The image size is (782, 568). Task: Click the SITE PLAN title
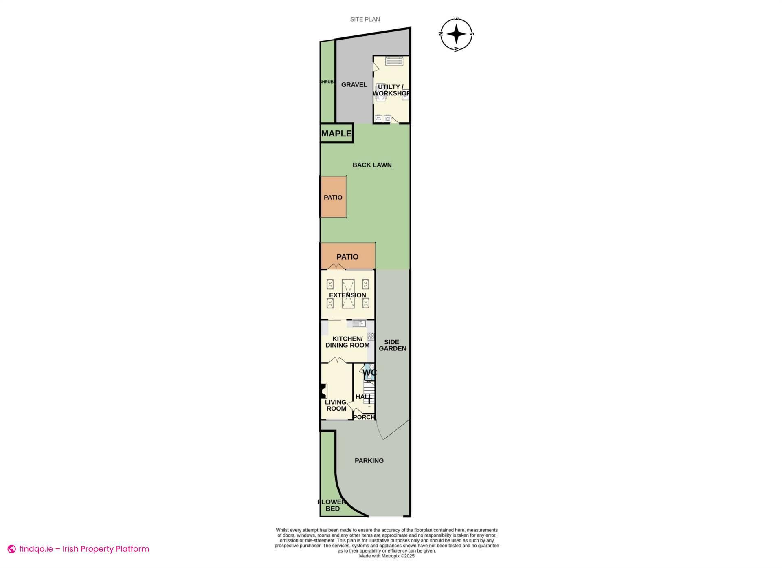(365, 19)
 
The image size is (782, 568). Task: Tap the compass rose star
(457, 34)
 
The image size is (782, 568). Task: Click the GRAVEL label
(354, 85)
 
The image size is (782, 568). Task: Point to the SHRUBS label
(327, 82)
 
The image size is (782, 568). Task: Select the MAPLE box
(336, 133)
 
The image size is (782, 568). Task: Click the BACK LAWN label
(372, 165)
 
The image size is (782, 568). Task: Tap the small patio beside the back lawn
(333, 197)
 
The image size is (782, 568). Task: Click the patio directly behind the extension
(347, 257)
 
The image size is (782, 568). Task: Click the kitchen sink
(359, 324)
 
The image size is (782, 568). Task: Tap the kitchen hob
(371, 337)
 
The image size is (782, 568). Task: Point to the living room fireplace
(323, 392)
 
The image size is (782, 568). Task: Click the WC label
(369, 372)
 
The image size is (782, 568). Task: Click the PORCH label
(363, 417)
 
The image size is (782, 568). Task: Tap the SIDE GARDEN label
(392, 345)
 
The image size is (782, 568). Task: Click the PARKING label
(369, 461)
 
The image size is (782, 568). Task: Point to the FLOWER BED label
(332, 505)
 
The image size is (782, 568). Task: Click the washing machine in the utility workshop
(387, 119)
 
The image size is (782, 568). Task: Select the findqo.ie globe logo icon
(12, 549)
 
